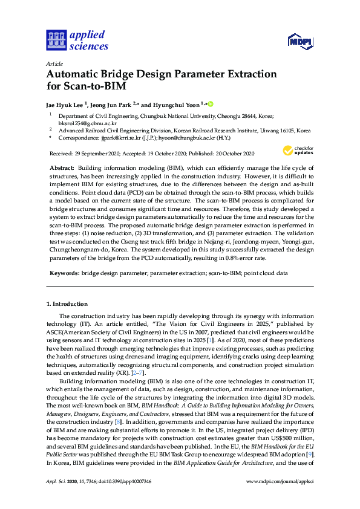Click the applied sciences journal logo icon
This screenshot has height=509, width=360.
coord(56,41)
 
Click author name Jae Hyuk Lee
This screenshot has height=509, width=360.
coord(65,104)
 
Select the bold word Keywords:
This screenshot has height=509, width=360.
coord(62,273)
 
